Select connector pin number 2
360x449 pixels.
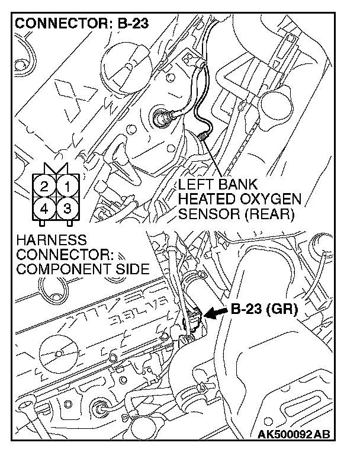click(x=44, y=188)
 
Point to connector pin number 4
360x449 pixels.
click(x=44, y=209)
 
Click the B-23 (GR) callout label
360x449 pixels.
click(x=263, y=309)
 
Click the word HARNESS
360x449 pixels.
click(x=52, y=241)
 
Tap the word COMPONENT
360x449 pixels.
click(x=59, y=270)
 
